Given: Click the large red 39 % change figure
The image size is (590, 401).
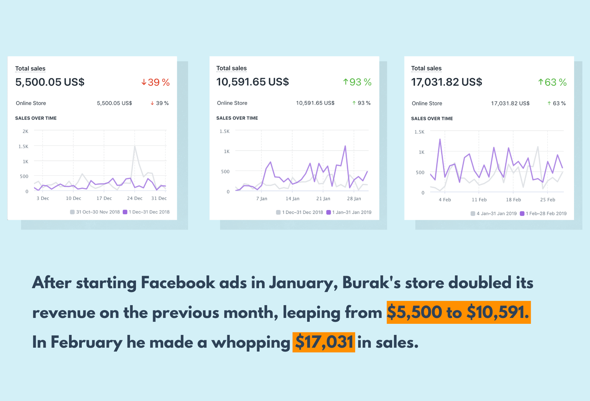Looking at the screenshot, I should (156, 82).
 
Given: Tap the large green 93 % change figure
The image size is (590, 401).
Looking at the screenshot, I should (357, 82).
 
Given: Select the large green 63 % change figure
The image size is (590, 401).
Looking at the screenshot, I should (552, 82).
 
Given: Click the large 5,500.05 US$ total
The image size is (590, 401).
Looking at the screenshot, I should (50, 82).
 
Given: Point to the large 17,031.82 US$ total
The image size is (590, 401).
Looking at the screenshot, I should (446, 82).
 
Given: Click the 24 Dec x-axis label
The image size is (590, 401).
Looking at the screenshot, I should (135, 198).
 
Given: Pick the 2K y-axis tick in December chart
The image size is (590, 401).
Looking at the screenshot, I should (25, 131).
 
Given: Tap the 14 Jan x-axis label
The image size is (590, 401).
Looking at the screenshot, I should (292, 199).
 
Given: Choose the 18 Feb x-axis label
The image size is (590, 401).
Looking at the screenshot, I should (513, 200).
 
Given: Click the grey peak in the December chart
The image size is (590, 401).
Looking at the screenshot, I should (135, 146).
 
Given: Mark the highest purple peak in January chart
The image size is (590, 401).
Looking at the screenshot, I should (345, 146).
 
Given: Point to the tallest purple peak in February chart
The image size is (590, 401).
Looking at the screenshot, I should (440, 139).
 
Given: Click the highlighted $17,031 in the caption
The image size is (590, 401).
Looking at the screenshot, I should (323, 342).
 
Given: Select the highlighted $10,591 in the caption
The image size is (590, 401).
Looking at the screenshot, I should (497, 312).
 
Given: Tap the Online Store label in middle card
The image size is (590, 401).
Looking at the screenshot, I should (232, 103).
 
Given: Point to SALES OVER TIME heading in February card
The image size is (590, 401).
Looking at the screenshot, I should (432, 118).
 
